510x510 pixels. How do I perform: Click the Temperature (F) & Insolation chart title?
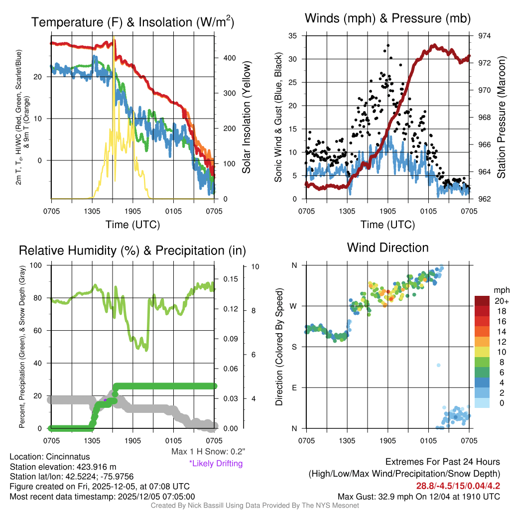pyautogui.click(x=132, y=22)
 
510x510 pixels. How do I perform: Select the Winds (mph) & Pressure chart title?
pyautogui.click(x=388, y=19)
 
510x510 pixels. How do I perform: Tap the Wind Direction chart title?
pyautogui.click(x=387, y=248)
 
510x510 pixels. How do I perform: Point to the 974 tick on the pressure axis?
pyautogui.click(x=484, y=36)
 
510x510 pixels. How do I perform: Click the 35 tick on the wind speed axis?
pyautogui.click(x=293, y=36)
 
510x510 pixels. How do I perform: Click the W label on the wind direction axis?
pyautogui.click(x=294, y=306)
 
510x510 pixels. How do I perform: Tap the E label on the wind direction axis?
pyautogui.click(x=294, y=387)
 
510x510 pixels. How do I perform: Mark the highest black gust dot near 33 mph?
pyautogui.click(x=387, y=45)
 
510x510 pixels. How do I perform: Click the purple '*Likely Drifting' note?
pyautogui.click(x=216, y=463)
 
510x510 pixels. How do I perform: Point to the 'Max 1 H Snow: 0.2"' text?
pyautogui.click(x=208, y=452)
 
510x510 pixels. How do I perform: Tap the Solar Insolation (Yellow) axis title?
pyautogui.click(x=246, y=118)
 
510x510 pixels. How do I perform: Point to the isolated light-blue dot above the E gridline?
pyautogui.click(x=438, y=365)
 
